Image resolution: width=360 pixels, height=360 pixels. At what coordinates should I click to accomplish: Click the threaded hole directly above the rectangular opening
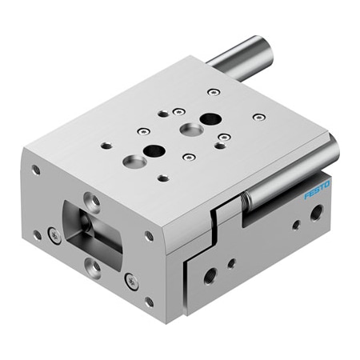pyautogui.click(x=94, y=200)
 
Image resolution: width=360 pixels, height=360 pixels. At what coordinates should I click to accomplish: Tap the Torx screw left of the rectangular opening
pyautogui.click(x=54, y=234)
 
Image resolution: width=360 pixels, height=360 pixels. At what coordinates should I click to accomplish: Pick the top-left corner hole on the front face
pyautogui.click(x=36, y=170)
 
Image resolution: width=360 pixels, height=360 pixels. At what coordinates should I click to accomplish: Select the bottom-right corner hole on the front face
pyautogui.click(x=150, y=302)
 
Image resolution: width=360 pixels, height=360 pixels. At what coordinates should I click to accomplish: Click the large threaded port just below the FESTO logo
pyautogui.click(x=316, y=212)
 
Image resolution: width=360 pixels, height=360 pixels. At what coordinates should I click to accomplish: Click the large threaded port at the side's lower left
pyautogui.click(x=210, y=276)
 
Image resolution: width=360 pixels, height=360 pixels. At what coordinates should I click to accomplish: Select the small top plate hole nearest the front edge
pyautogui.click(x=163, y=178)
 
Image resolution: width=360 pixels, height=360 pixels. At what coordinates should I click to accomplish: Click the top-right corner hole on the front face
pyautogui.click(x=149, y=236)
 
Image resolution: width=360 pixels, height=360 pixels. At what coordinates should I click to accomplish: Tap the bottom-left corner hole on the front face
pyautogui.click(x=37, y=234)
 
